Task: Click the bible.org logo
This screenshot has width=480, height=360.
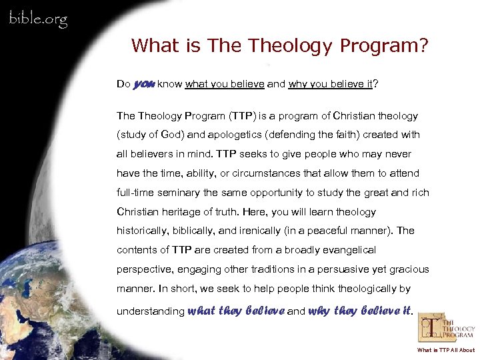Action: (37, 18)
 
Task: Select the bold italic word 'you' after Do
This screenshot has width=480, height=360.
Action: (145, 84)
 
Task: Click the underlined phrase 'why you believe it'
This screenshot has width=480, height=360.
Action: (330, 85)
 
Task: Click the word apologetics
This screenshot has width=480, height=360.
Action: (219, 135)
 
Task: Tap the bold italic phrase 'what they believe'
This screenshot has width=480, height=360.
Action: (237, 310)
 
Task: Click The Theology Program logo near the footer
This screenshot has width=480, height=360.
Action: (446, 328)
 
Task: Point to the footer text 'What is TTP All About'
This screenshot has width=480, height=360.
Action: (446, 350)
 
